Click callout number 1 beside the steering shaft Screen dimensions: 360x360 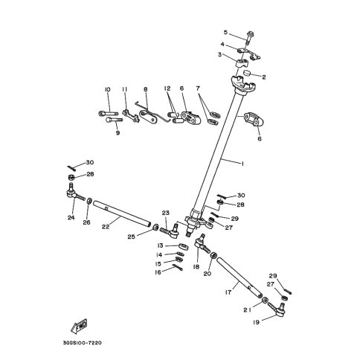(242, 162)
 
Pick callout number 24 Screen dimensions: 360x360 (71, 218)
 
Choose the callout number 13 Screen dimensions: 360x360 (160, 245)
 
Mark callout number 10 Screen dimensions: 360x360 (107, 90)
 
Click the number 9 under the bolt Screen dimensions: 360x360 (118, 134)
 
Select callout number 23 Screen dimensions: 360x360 (166, 213)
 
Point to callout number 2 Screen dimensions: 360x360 (263, 76)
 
